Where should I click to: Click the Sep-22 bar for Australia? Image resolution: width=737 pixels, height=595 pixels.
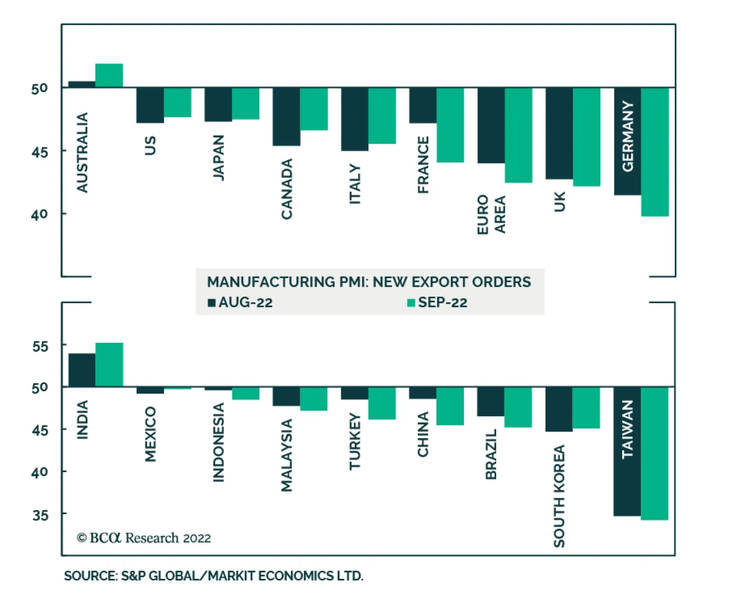109,76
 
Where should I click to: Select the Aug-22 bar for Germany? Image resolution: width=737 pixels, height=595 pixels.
627,141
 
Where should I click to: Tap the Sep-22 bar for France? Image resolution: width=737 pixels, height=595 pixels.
450,125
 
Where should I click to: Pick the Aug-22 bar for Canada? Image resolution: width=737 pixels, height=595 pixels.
286,117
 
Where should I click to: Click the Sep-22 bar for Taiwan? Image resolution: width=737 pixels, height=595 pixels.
654,454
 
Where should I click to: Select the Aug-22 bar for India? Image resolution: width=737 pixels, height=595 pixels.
82,370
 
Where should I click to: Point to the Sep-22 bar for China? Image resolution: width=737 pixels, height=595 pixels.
450,406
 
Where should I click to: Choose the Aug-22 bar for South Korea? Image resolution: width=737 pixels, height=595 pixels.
559,409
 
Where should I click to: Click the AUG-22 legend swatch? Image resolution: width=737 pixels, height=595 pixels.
212,303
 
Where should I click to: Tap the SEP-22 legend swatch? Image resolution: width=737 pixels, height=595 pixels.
411,303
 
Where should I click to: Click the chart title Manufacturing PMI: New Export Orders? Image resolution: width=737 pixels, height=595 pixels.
369,282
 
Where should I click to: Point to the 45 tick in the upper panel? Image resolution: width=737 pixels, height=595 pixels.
40,152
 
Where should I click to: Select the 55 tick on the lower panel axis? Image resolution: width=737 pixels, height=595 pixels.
40,346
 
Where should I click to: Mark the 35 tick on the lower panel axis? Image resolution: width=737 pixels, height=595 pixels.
40,515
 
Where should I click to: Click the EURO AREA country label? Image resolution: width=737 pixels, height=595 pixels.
491,214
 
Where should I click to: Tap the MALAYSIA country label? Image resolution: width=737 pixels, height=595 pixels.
287,455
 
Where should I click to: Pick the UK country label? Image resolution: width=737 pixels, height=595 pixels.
559,202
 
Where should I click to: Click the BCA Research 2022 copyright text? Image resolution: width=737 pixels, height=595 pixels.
144,538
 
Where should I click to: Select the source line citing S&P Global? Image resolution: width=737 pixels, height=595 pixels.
213,576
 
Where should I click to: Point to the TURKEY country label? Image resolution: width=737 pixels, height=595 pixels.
355,442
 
